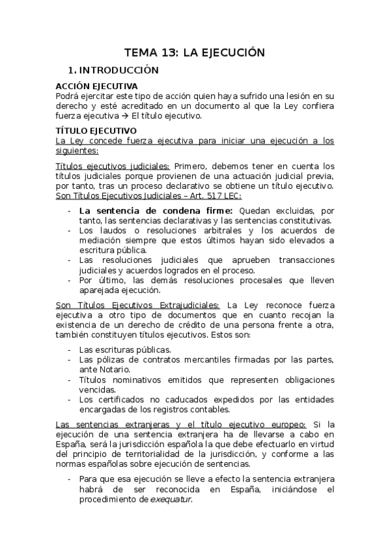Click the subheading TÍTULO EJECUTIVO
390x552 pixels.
(95, 130)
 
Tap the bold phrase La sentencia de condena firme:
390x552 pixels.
(156, 211)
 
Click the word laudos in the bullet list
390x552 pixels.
(108, 230)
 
